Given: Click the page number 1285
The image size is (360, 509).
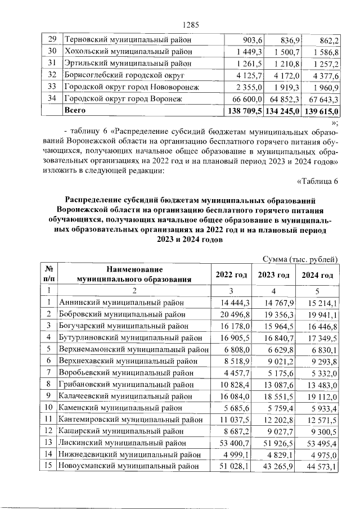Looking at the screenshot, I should click(x=192, y=24).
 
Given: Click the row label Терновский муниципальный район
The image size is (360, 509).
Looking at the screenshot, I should click(x=128, y=40).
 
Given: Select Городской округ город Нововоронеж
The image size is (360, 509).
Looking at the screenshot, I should click(x=132, y=88).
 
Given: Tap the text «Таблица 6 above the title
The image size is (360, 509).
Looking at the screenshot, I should click(x=317, y=181).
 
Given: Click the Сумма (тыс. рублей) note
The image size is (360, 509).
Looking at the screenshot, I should click(x=300, y=259).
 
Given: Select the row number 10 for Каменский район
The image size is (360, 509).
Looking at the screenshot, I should click(x=49, y=407).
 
